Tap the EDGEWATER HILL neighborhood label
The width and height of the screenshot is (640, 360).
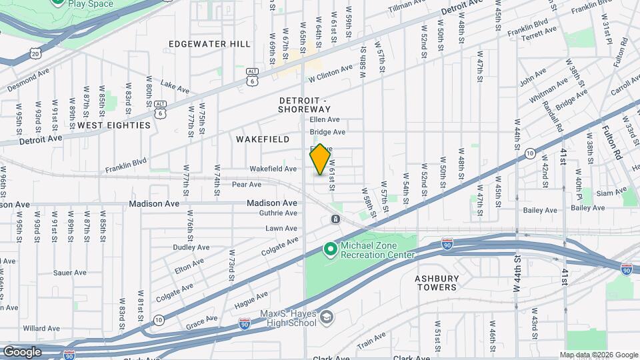pyautogui.click(x=209, y=44)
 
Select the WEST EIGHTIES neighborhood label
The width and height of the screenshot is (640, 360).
pyautogui.click(x=114, y=125)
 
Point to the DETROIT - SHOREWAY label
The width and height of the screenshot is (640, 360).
pyautogui.click(x=304, y=104)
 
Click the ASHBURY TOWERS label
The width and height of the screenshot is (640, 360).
pyautogui.click(x=437, y=282)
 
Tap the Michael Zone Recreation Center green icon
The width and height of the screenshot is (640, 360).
pyautogui.click(x=329, y=249)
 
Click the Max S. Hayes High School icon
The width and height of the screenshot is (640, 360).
pyautogui.click(x=325, y=317)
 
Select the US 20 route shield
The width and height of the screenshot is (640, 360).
pyautogui.click(x=35, y=51)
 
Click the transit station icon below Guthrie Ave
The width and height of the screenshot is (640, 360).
pyautogui.click(x=335, y=219)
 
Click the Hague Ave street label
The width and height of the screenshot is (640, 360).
pyautogui.click(x=251, y=300)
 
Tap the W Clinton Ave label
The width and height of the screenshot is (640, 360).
pyautogui.click(x=330, y=74)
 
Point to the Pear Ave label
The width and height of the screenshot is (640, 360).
pyautogui.click(x=246, y=185)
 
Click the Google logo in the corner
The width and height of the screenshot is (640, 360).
pyautogui.click(x=22, y=351)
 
